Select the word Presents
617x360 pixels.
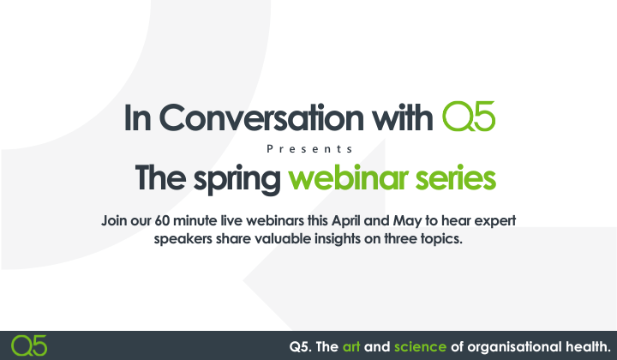(309, 148)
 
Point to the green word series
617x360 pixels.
(459, 179)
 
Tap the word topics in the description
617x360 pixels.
(438, 238)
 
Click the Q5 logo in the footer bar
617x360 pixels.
(30, 345)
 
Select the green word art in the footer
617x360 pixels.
(352, 346)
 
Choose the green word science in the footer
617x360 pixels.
(420, 346)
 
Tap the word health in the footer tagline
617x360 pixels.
(587, 346)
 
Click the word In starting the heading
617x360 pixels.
(140, 117)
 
